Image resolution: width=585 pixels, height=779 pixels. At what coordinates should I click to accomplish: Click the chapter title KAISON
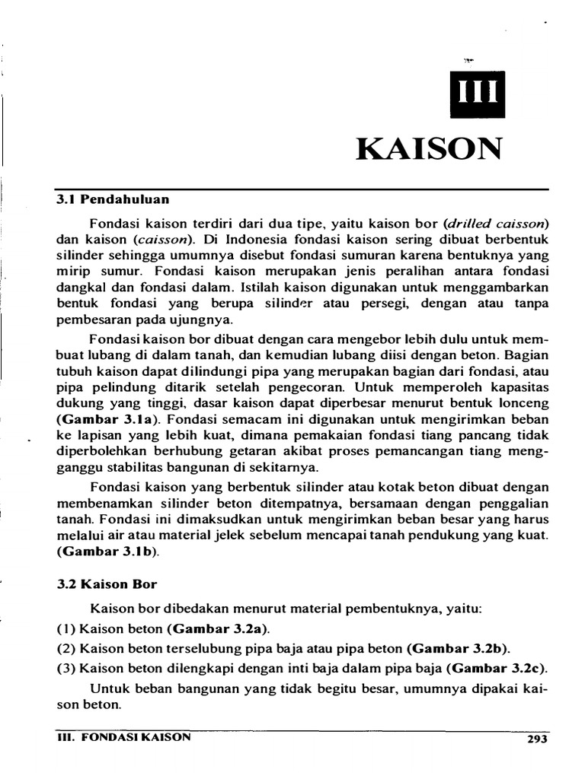coord(430,148)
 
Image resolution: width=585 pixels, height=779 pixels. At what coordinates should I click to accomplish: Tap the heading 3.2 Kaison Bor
coord(107,584)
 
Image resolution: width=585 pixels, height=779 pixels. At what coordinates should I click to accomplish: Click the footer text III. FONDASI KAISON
coord(125,736)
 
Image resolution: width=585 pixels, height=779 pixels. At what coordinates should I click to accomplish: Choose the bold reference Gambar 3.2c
coord(497,669)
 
